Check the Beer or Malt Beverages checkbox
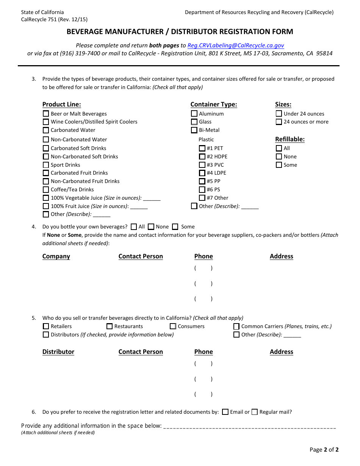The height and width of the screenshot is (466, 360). (46, 114)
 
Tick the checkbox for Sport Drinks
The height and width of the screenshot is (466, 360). (46, 165)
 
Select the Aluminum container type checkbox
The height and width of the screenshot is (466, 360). (194, 114)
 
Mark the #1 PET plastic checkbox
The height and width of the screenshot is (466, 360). (202, 148)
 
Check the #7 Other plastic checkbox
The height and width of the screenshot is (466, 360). (202, 198)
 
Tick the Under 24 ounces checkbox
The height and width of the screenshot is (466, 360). (279, 114)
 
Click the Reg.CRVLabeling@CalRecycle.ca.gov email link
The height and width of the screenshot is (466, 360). (236, 45)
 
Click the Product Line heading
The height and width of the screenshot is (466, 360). (61, 105)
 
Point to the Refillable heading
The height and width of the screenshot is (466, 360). (290, 139)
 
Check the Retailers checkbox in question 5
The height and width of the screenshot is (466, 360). (46, 326)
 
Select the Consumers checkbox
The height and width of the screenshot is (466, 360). (173, 326)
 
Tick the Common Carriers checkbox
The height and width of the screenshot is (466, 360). (236, 326)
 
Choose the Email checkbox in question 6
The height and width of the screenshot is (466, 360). (225, 412)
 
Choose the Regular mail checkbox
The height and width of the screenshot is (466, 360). (255, 412)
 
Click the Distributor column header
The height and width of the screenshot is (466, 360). (58, 352)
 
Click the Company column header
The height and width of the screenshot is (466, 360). (56, 256)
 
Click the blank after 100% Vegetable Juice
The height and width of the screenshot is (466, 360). (152, 198)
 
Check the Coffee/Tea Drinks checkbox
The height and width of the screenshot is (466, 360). (46, 189)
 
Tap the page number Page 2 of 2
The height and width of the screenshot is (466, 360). (324, 450)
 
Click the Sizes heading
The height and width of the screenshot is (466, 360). (283, 105)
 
